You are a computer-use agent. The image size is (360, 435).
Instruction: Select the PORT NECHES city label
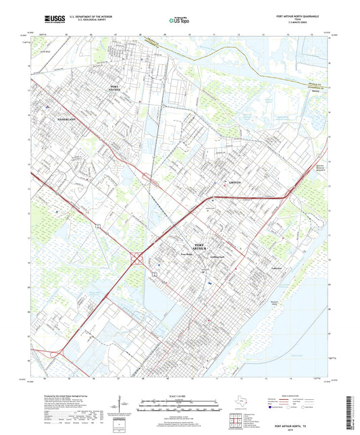tap(119, 88)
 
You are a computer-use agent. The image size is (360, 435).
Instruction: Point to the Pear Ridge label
tap(187, 255)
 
